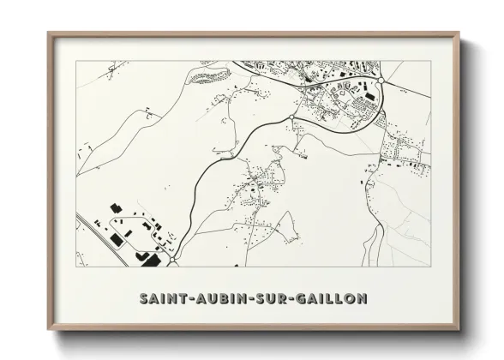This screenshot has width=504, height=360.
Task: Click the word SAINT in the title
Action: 164,298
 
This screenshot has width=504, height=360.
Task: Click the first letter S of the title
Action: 142,298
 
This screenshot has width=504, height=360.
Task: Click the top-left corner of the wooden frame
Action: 49,33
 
